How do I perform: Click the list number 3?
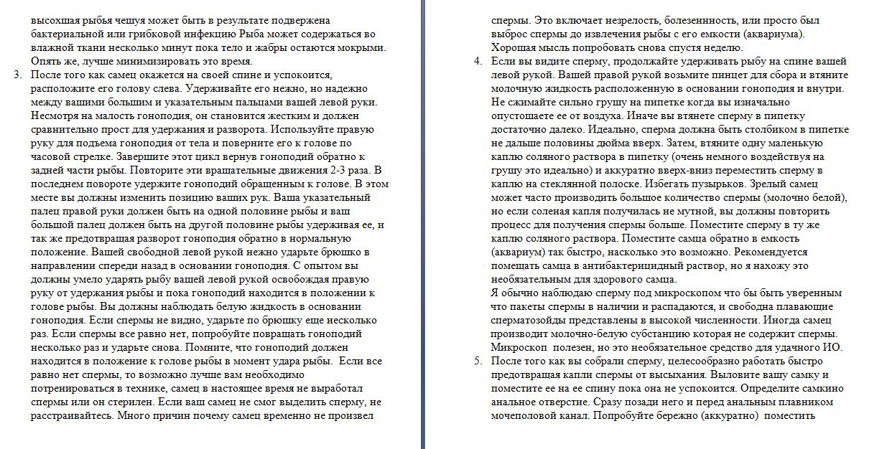(x=17, y=75)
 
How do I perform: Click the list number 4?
(x=477, y=61)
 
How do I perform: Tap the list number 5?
(x=477, y=361)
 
